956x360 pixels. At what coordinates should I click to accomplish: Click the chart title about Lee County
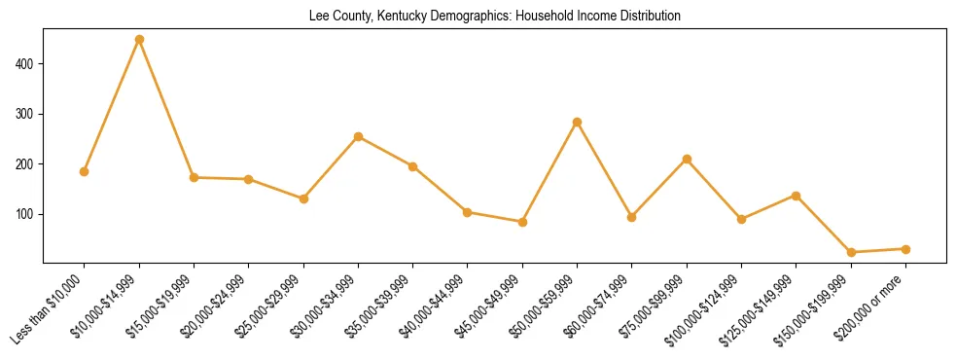[x=494, y=17]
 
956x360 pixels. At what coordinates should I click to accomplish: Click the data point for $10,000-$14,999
[x=139, y=40]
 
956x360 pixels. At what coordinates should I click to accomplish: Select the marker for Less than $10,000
[x=85, y=171]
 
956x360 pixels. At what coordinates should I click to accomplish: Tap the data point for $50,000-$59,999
[x=578, y=123]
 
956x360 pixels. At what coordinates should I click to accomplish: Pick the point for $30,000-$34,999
[x=359, y=137]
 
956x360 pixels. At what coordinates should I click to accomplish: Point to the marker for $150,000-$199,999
[x=851, y=252]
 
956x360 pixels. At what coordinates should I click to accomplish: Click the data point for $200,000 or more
[x=905, y=249]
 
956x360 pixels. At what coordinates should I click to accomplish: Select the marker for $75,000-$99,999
[x=687, y=159]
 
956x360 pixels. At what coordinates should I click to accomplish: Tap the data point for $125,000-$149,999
[x=797, y=196]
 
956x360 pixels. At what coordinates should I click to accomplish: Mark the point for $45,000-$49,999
[x=522, y=222]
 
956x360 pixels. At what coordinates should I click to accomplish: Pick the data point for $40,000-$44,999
[x=468, y=212]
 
